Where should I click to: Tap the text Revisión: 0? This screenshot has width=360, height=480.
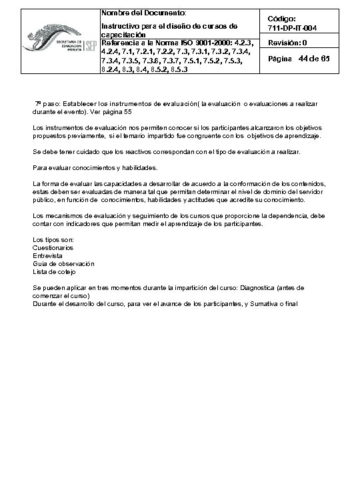tap(287, 43)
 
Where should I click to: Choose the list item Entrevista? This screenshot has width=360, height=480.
tap(46, 255)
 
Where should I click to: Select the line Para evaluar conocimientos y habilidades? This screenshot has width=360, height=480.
tap(85, 167)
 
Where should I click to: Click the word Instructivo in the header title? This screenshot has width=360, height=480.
tap(118, 26)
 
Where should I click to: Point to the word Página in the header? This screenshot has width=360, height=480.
tap(279, 60)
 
